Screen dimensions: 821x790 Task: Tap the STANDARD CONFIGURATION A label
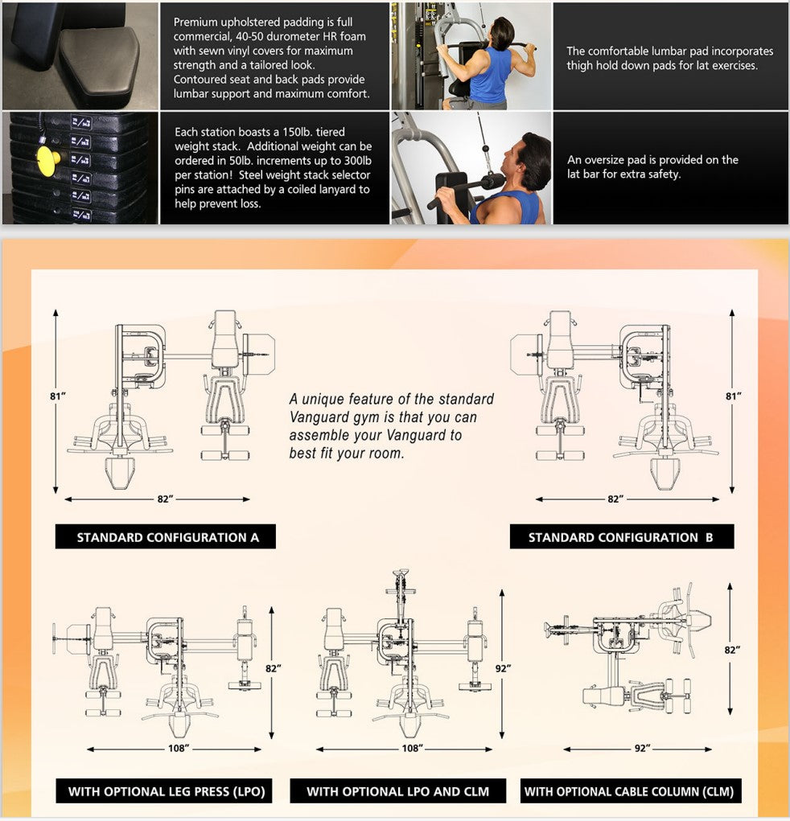[167, 537]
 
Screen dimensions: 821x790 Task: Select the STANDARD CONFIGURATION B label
[621, 537]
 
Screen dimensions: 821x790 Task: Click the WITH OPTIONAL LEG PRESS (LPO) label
[167, 791]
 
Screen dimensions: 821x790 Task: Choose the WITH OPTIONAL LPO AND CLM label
[398, 791]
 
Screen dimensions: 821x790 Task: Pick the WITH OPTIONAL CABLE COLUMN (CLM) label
[629, 791]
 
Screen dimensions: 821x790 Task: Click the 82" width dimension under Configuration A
[166, 499]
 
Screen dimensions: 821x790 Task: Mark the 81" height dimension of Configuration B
[732, 396]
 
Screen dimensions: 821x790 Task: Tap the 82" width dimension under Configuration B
[615, 499]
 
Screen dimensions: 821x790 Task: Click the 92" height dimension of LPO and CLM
[503, 668]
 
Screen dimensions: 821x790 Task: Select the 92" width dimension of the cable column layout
[642, 749]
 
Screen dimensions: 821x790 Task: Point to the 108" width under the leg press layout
[179, 749]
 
